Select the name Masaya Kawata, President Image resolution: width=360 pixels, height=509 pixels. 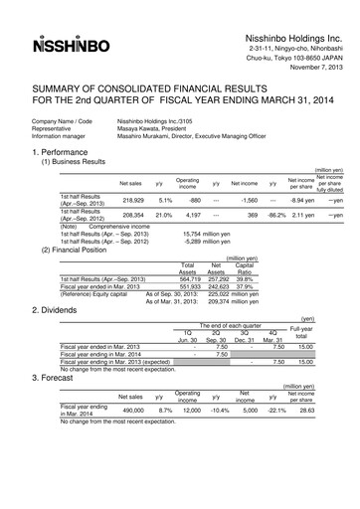click(x=147, y=127)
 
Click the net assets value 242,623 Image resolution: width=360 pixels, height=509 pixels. click(x=217, y=260)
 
